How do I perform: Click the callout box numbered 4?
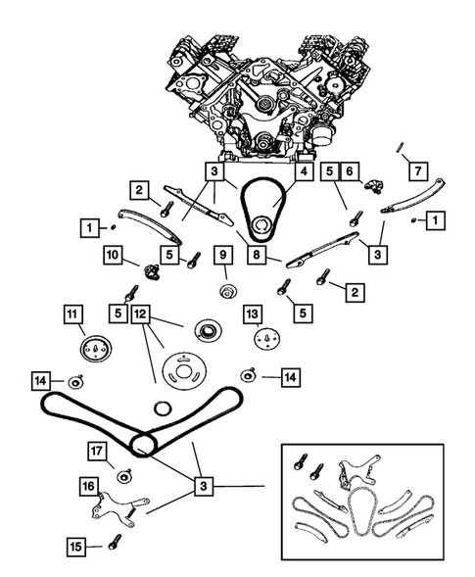click(x=304, y=171)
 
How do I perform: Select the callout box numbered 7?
click(x=418, y=171)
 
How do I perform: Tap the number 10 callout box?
click(x=113, y=255)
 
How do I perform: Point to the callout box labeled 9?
click(x=223, y=255)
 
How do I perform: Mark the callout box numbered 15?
click(x=76, y=547)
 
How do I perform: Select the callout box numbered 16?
click(x=89, y=487)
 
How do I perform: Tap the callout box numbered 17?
click(x=97, y=452)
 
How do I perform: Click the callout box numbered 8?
click(x=257, y=255)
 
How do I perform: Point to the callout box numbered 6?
click(x=350, y=171)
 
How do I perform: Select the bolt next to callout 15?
click(x=113, y=542)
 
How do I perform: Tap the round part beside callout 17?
click(x=124, y=476)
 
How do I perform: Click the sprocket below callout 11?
click(x=96, y=348)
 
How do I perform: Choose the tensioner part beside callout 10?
click(x=151, y=272)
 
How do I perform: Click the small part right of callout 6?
click(x=374, y=186)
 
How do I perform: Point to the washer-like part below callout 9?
click(x=228, y=291)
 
